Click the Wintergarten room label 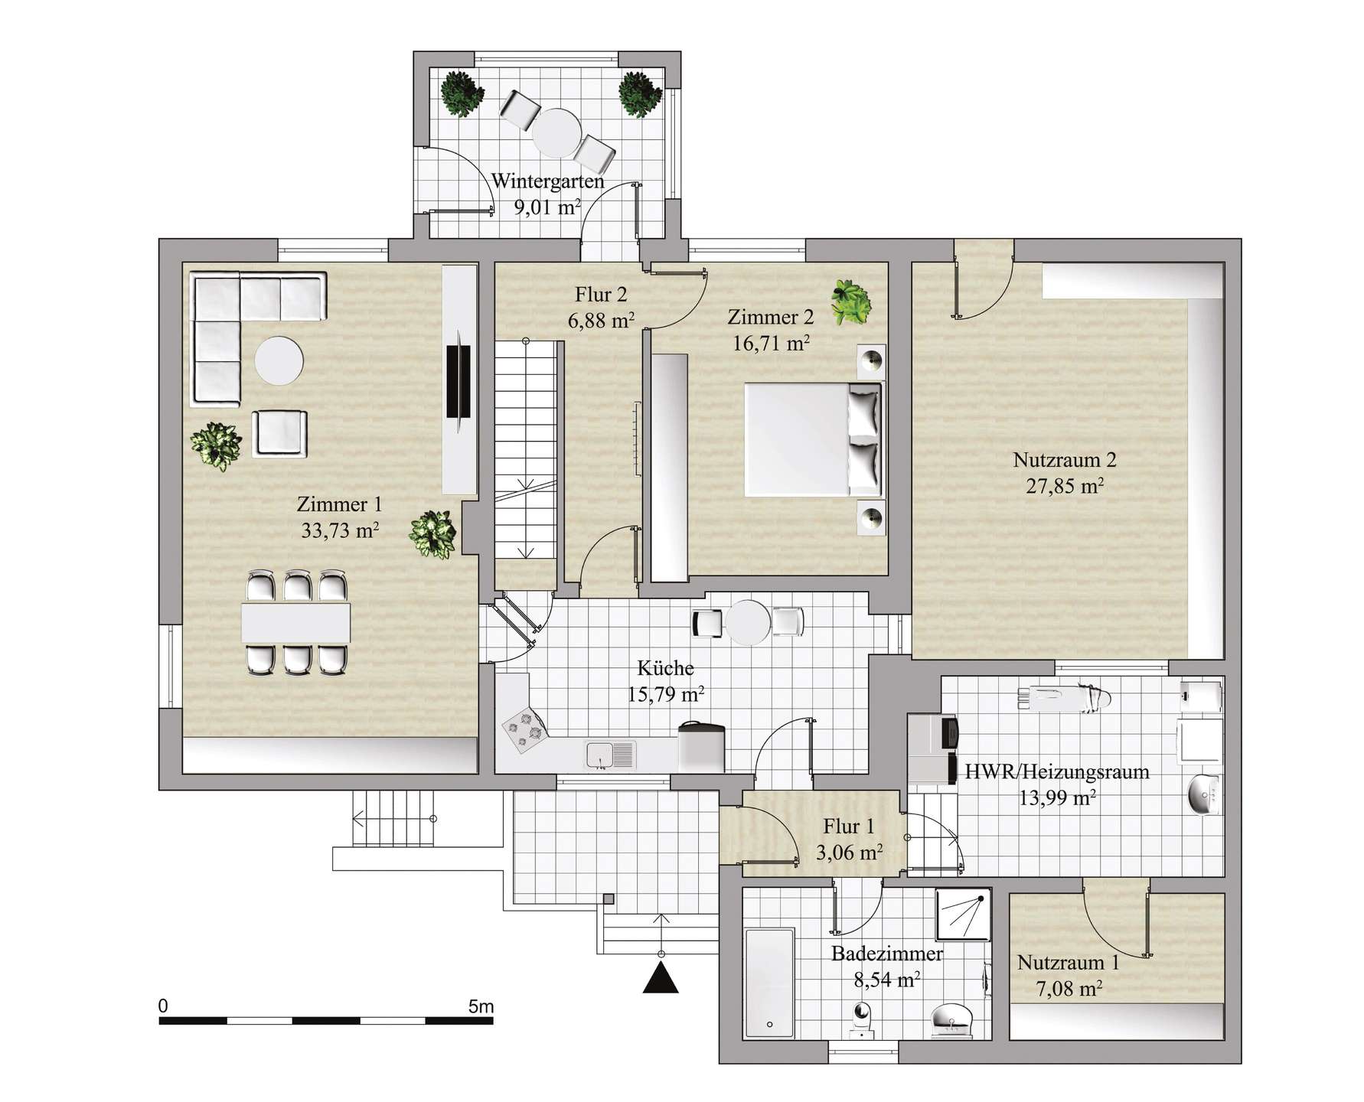coord(547,181)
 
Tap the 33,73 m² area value coord(340,530)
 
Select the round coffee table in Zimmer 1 coord(279,360)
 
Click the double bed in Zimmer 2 coord(814,439)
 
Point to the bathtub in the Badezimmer coord(769,983)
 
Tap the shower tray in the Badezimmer coord(964,914)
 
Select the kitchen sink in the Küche coord(611,755)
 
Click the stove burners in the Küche coord(524,729)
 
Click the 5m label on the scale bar coord(481,1006)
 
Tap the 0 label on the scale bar coord(163,1006)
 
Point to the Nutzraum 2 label coord(1065,460)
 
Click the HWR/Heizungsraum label coord(1057,771)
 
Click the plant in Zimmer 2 coord(853,301)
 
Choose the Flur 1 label coord(848,826)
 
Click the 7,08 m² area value coord(1069,989)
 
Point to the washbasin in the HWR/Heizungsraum coord(1205,796)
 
